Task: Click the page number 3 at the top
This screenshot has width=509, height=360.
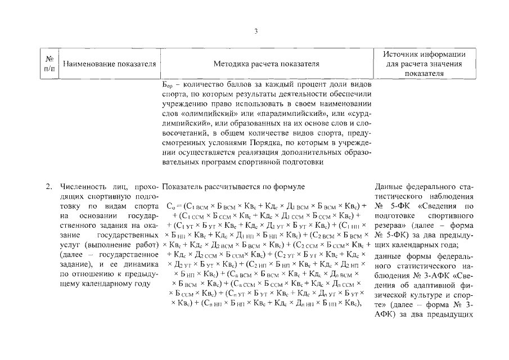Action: click(256, 31)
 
